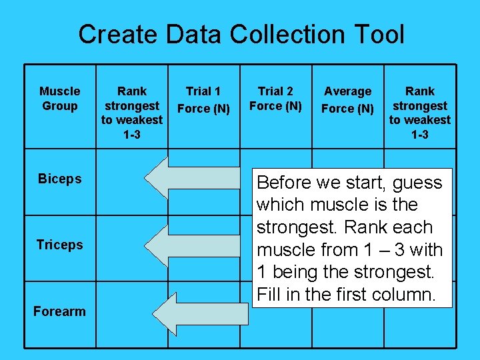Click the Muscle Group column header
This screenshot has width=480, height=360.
click(x=59, y=99)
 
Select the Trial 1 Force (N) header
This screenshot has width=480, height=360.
click(x=203, y=99)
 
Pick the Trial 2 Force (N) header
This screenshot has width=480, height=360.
click(x=275, y=99)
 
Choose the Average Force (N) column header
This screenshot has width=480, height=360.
click(x=347, y=99)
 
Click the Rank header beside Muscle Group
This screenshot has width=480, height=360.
click(x=132, y=113)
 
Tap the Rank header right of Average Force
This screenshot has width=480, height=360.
click(x=420, y=113)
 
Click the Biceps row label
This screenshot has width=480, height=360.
click(x=59, y=179)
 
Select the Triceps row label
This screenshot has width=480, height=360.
click(x=59, y=245)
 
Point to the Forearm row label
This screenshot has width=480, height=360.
click(x=59, y=311)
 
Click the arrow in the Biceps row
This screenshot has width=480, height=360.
click(x=193, y=179)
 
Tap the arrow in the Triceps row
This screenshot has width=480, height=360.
click(x=193, y=245)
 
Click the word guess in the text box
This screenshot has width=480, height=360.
click(x=417, y=183)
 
